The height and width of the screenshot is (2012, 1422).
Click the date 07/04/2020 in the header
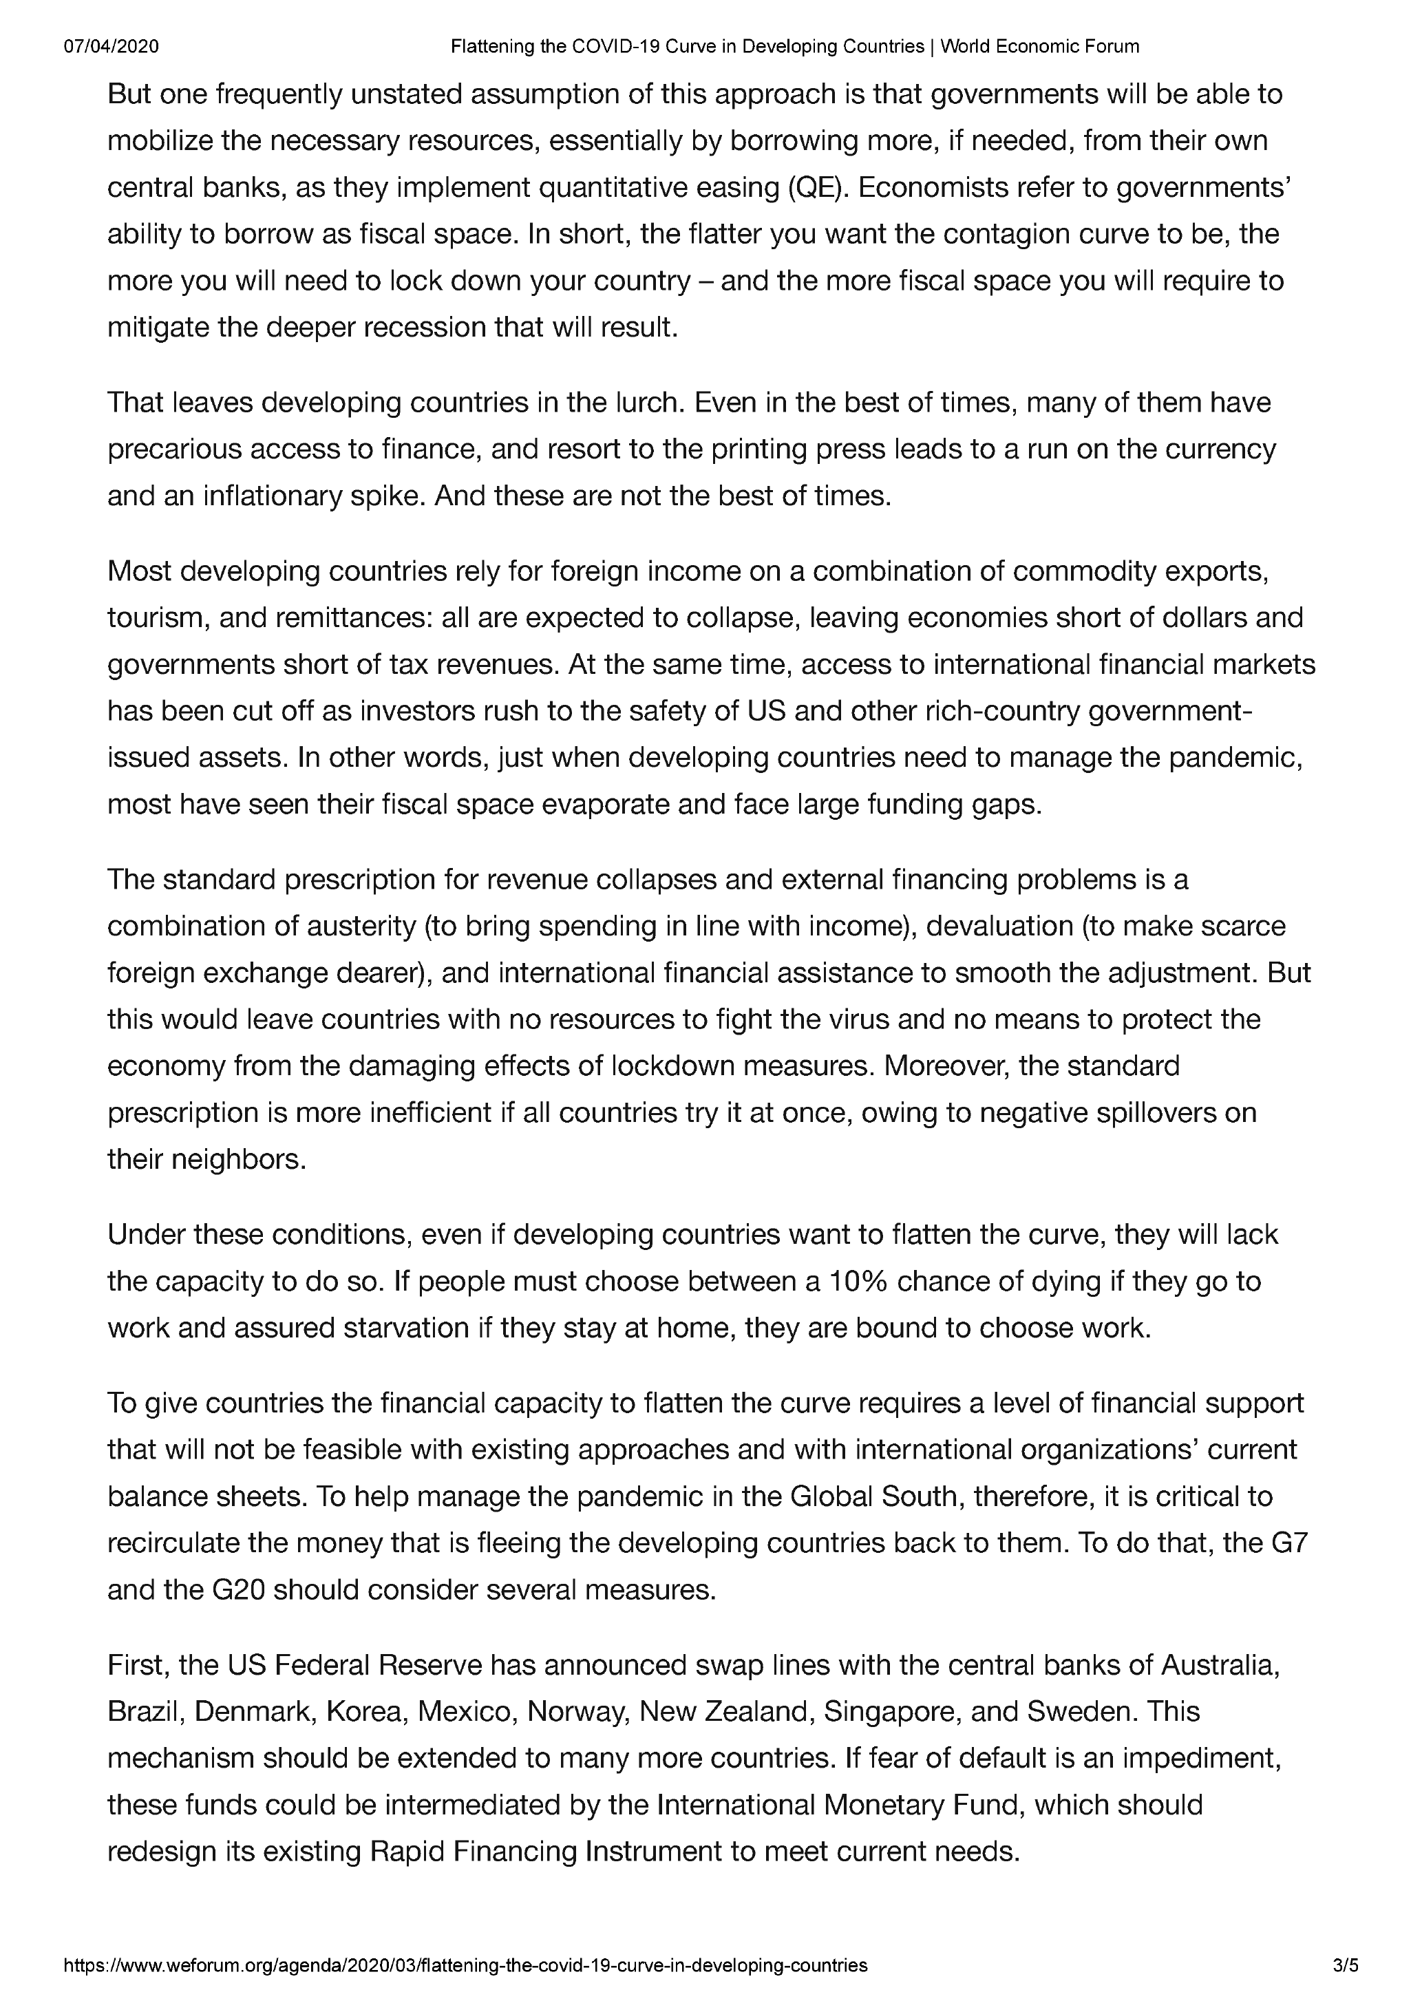(112, 46)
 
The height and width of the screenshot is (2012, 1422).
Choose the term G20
(238, 1589)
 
